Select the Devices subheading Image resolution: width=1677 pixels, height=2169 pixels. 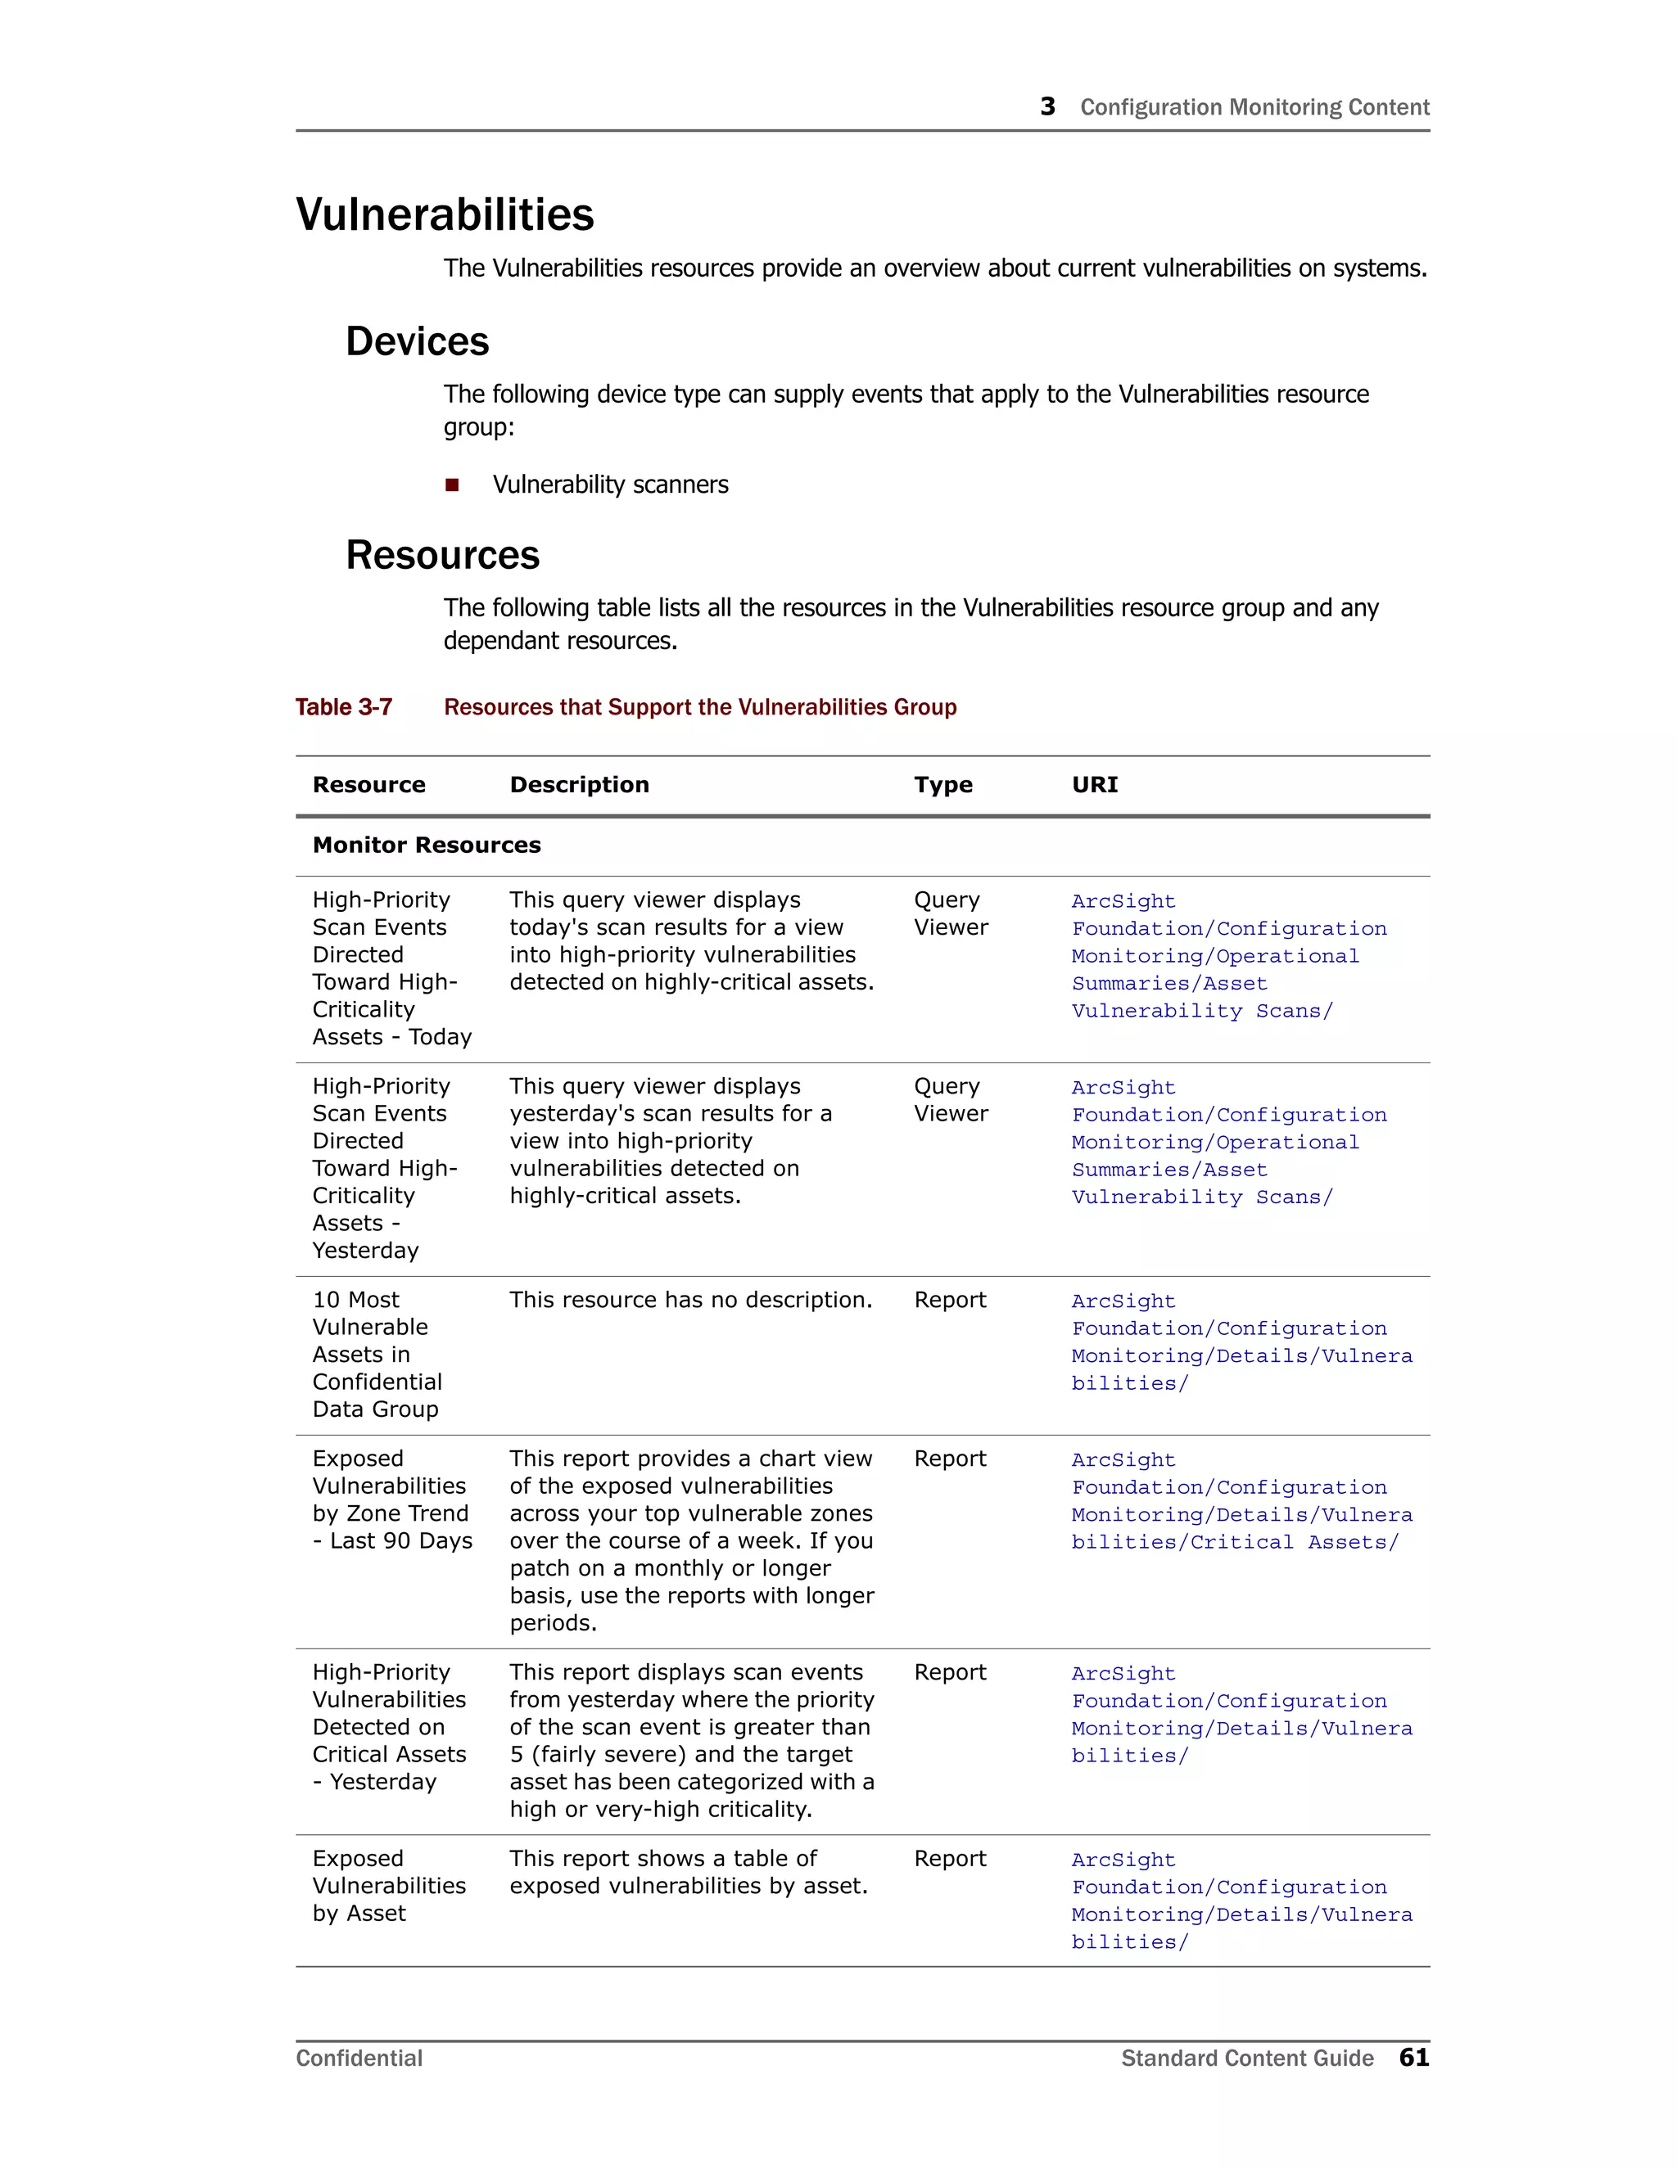(x=418, y=341)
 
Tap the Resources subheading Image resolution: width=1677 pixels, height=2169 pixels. (x=442, y=555)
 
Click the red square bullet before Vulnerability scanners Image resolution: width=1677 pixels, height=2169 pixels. (x=452, y=485)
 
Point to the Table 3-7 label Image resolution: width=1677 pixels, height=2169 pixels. (x=344, y=707)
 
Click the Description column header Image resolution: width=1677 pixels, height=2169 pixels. (x=579, y=785)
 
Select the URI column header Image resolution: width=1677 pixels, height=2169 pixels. (x=1094, y=785)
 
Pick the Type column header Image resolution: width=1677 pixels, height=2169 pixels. (x=942, y=785)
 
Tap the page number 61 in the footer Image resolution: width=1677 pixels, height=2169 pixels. (x=1413, y=2057)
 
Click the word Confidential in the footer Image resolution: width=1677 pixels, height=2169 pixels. (x=359, y=2058)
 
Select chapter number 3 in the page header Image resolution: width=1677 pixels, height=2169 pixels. (x=1047, y=106)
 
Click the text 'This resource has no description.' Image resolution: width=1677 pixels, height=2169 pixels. (x=690, y=1300)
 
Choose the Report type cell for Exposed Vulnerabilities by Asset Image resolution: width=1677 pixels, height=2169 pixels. (x=950, y=1858)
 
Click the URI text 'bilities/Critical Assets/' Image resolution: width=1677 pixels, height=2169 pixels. (x=1234, y=1542)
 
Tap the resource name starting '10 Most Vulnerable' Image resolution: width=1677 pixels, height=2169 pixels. (x=377, y=1354)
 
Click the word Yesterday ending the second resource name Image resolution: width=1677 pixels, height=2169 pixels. (x=365, y=1251)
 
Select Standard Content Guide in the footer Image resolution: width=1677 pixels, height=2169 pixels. (x=1247, y=2058)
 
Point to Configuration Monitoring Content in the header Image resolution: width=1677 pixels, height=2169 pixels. (x=1254, y=107)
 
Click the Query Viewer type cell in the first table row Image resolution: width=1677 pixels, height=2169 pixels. (x=951, y=913)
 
